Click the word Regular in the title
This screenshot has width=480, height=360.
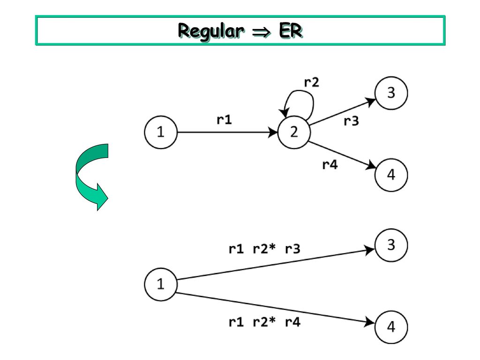(211, 31)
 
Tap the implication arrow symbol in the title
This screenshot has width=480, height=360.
(262, 31)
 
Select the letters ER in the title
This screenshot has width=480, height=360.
(291, 30)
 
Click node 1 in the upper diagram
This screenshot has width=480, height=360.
(161, 132)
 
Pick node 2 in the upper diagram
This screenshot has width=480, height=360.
(294, 132)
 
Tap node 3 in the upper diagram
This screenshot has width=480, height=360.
(391, 93)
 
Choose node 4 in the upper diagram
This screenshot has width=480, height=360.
(391, 175)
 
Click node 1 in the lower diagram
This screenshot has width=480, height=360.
(161, 285)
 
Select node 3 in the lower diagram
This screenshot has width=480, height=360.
(391, 245)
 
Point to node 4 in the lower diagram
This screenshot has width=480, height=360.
(391, 327)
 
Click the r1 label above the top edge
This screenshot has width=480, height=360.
(224, 120)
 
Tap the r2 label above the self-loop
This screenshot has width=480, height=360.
(312, 82)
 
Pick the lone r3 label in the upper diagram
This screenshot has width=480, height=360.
(351, 121)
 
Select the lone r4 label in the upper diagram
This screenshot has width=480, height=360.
(330, 165)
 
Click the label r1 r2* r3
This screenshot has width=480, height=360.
(264, 249)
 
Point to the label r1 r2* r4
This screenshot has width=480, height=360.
(264, 322)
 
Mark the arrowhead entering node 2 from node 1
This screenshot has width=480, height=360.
(273, 132)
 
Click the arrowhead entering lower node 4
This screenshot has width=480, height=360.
(369, 322)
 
